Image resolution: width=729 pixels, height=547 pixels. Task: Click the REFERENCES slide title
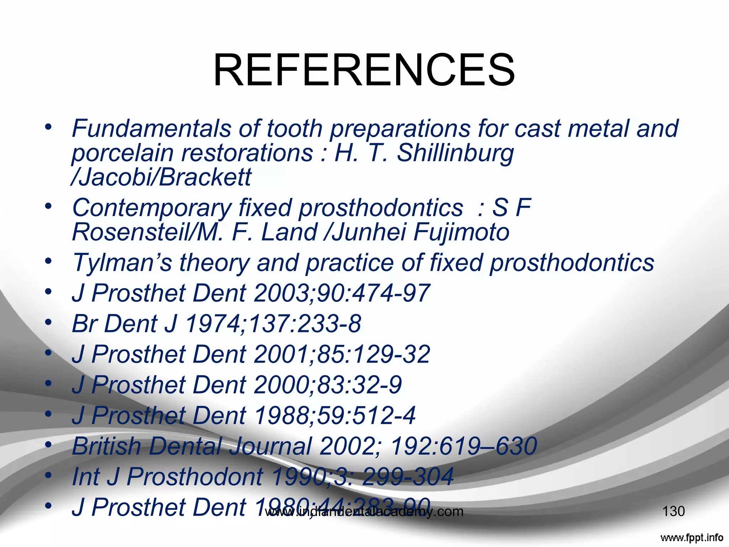(x=364, y=70)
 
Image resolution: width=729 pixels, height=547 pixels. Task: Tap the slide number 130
(x=673, y=511)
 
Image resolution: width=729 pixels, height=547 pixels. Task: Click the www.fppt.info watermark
(x=691, y=537)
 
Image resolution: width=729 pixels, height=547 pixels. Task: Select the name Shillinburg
(x=455, y=153)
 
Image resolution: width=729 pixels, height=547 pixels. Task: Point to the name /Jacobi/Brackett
(x=161, y=177)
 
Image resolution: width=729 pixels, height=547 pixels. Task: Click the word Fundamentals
(x=151, y=128)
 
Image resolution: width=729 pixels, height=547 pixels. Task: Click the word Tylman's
(x=122, y=263)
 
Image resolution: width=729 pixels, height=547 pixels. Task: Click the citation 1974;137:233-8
(x=273, y=324)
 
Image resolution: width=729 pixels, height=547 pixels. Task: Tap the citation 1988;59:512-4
(x=335, y=416)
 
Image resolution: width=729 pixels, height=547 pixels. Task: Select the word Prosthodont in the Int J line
(x=195, y=476)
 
